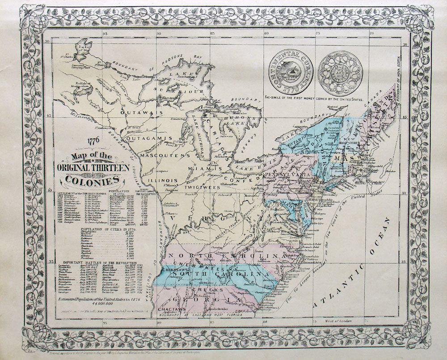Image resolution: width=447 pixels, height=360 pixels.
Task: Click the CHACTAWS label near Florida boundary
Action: tap(165, 309)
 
